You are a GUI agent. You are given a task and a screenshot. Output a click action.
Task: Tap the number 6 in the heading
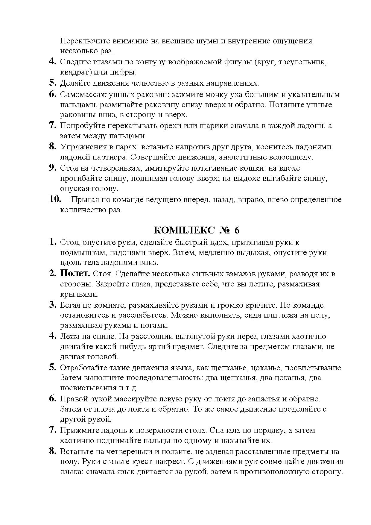[237, 230]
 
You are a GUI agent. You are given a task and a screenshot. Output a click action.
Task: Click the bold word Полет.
[75, 273]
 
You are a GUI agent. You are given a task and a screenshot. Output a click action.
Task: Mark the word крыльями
[79, 294]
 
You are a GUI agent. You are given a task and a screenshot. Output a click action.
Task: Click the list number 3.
[53, 305]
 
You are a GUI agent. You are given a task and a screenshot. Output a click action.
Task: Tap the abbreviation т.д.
[132, 388]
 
